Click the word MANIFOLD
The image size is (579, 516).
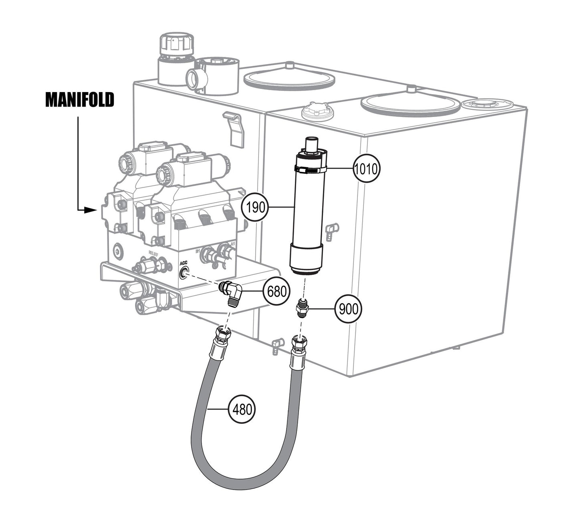coord(80,100)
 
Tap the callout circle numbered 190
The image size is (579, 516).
coord(255,207)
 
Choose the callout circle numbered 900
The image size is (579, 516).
coord(348,309)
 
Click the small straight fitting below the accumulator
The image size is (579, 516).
coord(302,308)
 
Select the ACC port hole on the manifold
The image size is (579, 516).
coord(184,274)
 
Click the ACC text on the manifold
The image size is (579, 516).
coord(184,263)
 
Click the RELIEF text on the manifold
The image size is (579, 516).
coord(154,253)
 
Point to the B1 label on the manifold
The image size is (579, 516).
coord(198,251)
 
